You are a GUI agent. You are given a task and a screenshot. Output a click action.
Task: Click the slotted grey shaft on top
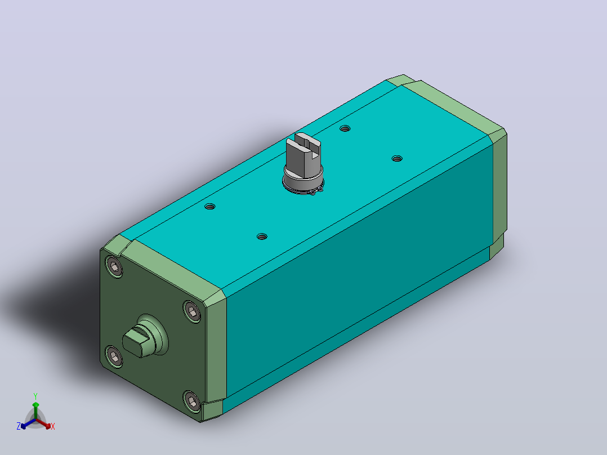[305, 157]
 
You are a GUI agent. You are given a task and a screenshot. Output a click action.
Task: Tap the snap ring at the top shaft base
[303, 189]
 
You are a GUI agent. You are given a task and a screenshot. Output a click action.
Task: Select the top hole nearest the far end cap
[345, 128]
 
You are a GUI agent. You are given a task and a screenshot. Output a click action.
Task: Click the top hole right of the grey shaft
[397, 159]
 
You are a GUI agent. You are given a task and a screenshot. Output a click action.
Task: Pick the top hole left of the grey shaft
[210, 207]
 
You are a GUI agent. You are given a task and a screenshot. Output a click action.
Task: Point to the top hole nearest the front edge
[262, 237]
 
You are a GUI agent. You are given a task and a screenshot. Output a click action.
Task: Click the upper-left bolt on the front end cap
[114, 267]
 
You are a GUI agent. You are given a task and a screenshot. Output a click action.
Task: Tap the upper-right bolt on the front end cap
[192, 311]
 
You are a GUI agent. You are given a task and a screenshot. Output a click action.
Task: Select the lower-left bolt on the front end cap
[114, 356]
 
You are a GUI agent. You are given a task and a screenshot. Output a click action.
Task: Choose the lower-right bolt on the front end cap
[192, 402]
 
